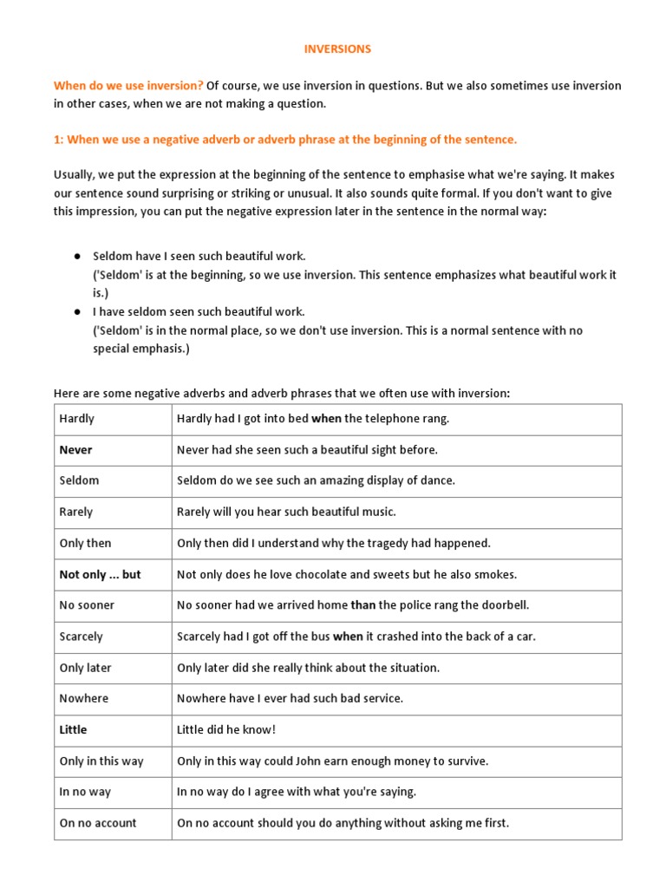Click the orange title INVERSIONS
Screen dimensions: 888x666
[337, 49]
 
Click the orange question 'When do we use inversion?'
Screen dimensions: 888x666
[128, 86]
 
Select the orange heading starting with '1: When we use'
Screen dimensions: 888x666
[285, 140]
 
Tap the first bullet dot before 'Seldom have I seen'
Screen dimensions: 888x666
[76, 258]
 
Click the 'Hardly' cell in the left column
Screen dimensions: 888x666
[77, 419]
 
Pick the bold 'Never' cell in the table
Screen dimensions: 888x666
[75, 450]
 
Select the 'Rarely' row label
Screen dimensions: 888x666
[76, 513]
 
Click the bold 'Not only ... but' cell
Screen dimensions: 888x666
[100, 575]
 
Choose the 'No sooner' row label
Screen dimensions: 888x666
[87, 605]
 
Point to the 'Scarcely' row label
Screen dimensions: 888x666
[81, 637]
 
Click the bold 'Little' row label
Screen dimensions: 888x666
[73, 730]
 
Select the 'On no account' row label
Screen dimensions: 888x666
[98, 823]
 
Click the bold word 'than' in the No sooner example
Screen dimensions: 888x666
[363, 605]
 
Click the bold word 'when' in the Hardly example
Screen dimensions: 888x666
[326, 419]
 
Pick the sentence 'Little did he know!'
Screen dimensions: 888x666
[226, 730]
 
